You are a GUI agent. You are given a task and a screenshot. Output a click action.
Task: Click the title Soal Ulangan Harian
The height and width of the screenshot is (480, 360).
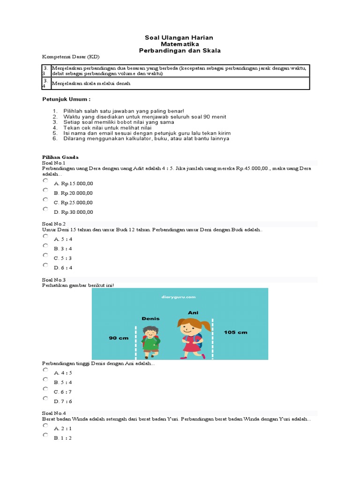click(x=180, y=37)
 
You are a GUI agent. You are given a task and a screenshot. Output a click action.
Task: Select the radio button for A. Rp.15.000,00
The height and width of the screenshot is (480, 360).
click(x=45, y=180)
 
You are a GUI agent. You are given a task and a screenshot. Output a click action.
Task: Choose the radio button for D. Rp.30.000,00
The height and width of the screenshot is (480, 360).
click(x=45, y=209)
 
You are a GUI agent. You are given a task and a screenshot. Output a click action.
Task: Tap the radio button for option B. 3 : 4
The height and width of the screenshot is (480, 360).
click(x=45, y=246)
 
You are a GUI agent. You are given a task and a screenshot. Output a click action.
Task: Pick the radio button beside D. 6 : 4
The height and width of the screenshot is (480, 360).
click(x=45, y=265)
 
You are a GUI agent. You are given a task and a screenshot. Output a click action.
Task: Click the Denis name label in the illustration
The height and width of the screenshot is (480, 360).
click(x=150, y=319)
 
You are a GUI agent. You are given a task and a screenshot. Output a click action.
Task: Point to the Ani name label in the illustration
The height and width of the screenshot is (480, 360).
click(x=193, y=312)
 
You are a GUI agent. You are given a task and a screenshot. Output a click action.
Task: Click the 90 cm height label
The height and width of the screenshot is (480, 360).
click(x=119, y=337)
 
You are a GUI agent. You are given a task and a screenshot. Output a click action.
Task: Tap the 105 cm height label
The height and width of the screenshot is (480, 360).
click(x=236, y=332)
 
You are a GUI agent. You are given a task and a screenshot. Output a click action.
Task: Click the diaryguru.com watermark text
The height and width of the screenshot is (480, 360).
click(x=180, y=296)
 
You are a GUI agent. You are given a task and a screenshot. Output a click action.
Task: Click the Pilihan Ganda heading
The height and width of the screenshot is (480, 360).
click(x=60, y=157)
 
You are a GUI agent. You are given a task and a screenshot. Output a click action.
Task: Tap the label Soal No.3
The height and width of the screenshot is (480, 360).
click(x=54, y=280)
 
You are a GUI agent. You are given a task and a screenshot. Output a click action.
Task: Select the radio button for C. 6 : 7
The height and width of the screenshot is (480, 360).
click(x=45, y=389)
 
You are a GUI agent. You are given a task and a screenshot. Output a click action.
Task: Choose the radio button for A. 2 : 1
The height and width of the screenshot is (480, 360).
click(x=45, y=426)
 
